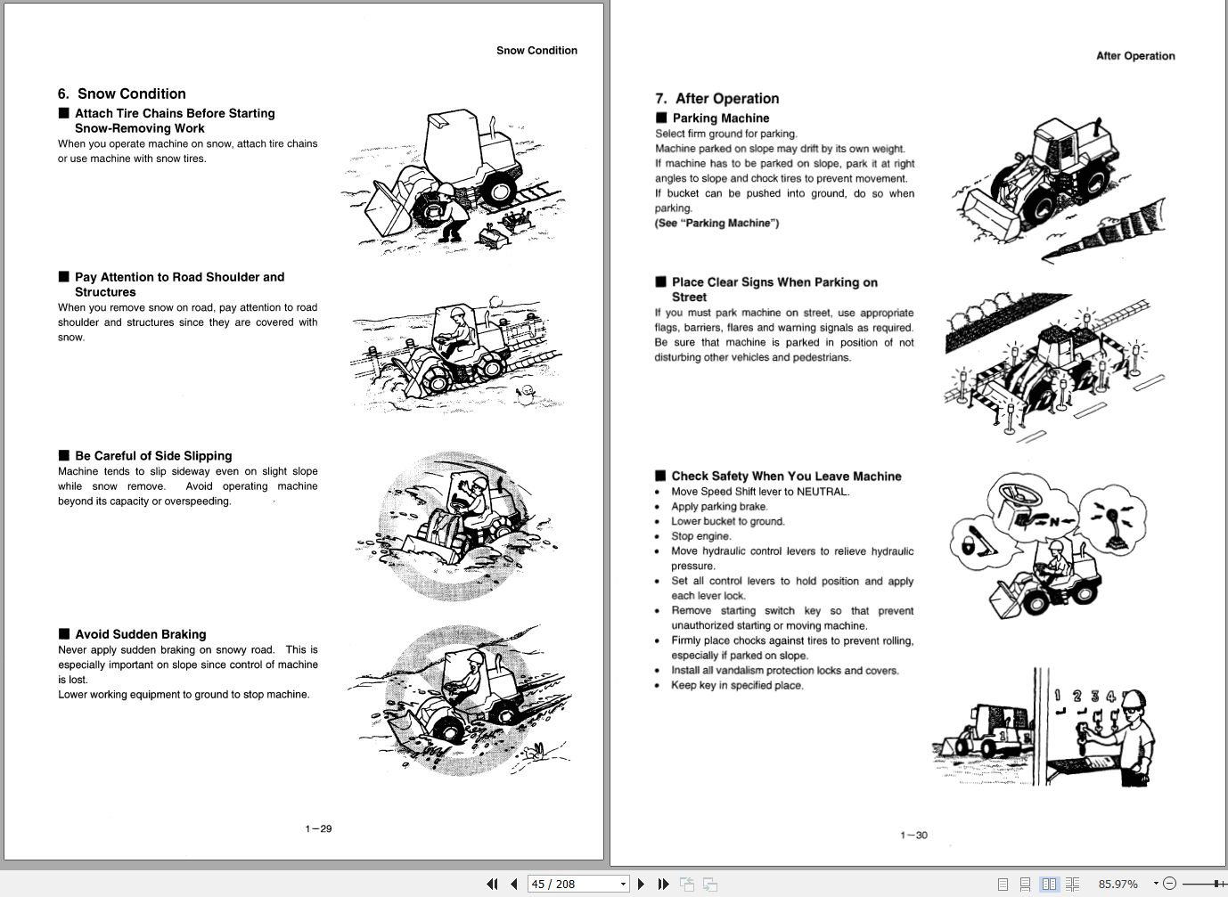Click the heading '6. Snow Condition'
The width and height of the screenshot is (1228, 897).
click(122, 94)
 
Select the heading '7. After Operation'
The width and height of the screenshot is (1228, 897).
click(717, 99)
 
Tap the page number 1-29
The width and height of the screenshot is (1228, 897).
click(318, 829)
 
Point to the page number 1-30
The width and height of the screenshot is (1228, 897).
click(913, 836)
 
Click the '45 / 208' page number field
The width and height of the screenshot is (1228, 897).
click(571, 884)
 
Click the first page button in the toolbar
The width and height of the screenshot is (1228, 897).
click(492, 884)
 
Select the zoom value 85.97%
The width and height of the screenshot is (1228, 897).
click(1117, 884)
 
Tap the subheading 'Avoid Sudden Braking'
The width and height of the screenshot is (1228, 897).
click(141, 634)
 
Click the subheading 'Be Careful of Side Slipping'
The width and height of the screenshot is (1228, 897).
click(153, 455)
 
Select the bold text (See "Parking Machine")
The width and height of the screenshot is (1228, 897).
click(716, 223)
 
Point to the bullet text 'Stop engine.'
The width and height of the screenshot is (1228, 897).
click(700, 536)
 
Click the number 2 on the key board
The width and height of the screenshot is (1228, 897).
click(1077, 696)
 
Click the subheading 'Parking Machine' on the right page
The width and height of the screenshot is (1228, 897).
click(721, 118)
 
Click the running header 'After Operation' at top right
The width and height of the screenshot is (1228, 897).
click(1135, 55)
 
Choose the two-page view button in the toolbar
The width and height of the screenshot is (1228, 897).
click(1049, 884)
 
